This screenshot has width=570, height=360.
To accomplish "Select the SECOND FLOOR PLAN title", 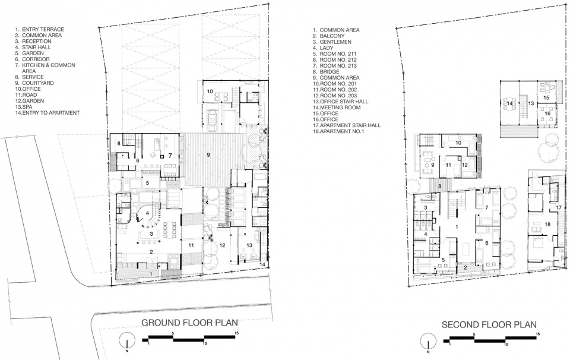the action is click(489, 324).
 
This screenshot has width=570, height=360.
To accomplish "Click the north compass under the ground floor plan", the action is click(126, 341).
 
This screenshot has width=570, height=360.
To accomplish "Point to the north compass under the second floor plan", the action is click(427, 342).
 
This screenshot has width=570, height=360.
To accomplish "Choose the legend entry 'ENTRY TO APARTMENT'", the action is click(47, 113).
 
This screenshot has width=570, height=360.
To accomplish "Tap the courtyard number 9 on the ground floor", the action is click(208, 155).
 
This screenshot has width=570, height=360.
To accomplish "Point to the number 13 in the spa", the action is click(249, 245).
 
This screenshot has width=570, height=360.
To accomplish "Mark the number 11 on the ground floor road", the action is click(191, 245).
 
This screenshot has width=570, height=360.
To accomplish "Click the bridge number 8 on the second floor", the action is click(439, 186).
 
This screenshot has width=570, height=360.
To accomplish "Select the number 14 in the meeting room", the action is click(509, 103).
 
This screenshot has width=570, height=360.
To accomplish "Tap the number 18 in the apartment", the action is click(547, 225).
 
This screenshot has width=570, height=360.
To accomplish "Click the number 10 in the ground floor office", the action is click(210, 91).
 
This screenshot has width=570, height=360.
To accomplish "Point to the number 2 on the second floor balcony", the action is click(465, 268).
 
